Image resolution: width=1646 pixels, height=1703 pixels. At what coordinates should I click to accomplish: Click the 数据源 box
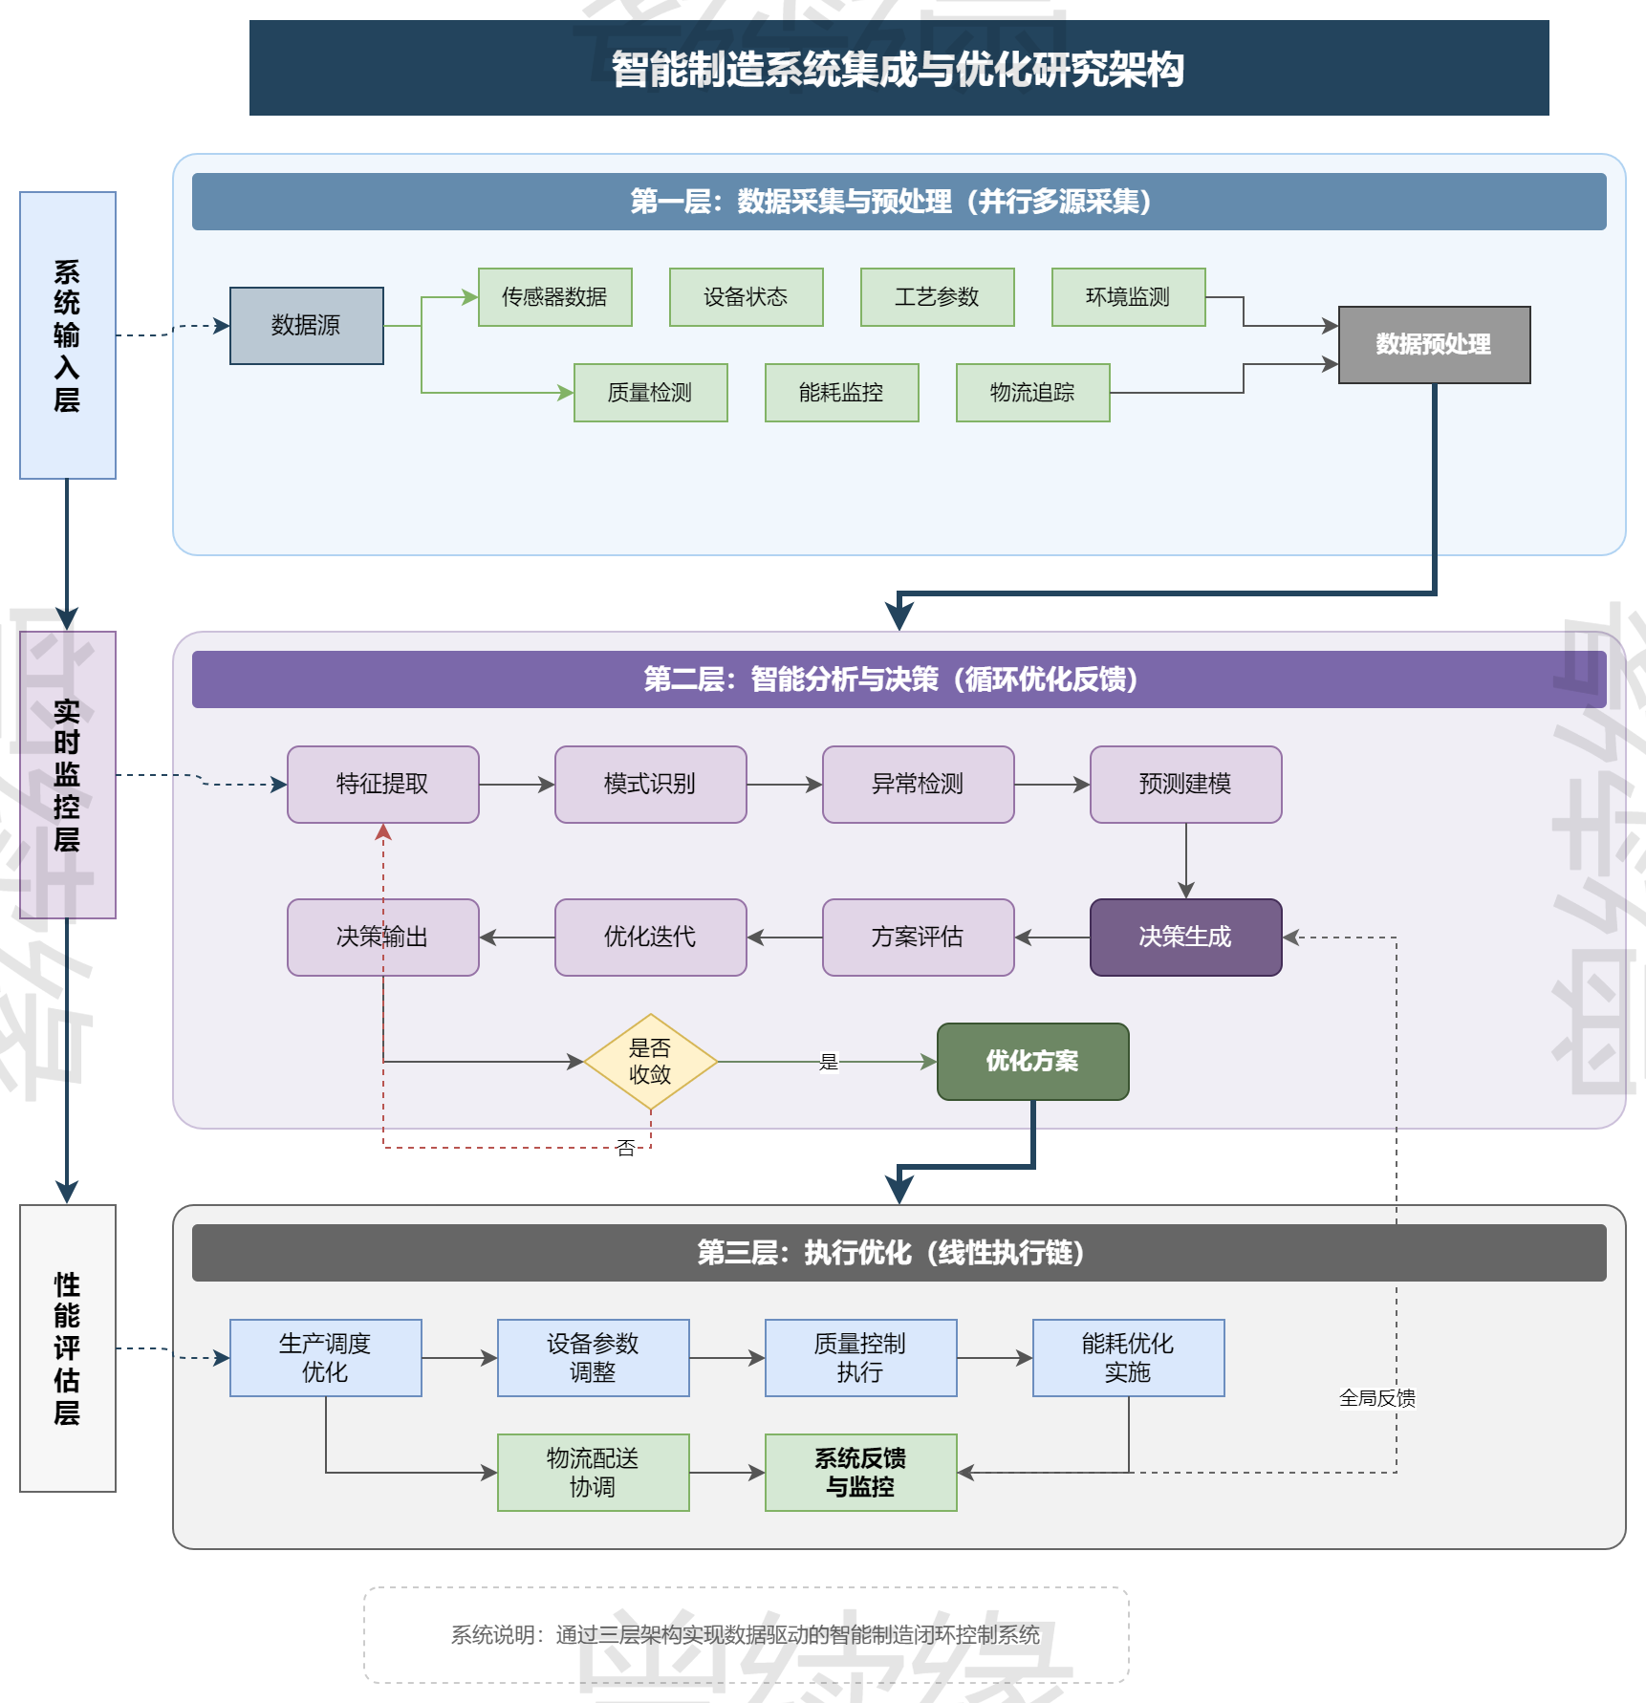click(306, 325)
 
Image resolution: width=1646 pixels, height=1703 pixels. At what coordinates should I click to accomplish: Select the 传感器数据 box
click(554, 296)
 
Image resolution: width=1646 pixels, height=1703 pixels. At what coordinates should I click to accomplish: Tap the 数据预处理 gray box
click(1434, 344)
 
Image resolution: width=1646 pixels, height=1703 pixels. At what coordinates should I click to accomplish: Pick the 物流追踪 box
click(1032, 392)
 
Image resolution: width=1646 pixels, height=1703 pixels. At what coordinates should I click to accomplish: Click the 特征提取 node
click(382, 784)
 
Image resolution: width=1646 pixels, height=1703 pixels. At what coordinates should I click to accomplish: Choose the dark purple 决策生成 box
click(1185, 937)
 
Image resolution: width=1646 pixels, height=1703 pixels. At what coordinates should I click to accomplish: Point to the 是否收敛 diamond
click(650, 1061)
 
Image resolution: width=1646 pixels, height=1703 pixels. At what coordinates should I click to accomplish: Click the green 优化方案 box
click(1032, 1061)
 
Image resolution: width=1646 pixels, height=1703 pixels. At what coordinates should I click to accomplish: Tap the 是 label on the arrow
click(829, 1062)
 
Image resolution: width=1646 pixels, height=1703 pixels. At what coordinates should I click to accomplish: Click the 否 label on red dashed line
click(626, 1148)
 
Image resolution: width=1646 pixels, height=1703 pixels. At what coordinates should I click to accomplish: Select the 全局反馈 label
click(1376, 1398)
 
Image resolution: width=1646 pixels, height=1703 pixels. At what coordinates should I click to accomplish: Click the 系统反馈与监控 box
click(860, 1472)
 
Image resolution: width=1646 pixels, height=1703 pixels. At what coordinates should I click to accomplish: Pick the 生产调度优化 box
click(325, 1357)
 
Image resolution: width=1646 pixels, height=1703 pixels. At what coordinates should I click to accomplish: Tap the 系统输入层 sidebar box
click(67, 334)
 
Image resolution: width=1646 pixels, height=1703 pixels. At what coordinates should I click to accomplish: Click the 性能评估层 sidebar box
click(67, 1347)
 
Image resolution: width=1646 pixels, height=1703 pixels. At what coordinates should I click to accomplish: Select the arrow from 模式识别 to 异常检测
click(784, 785)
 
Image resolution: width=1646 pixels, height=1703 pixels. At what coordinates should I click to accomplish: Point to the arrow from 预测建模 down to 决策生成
click(1186, 860)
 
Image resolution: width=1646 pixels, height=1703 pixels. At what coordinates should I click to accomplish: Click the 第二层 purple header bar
click(899, 679)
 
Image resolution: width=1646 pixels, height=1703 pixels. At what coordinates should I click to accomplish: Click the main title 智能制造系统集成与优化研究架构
click(899, 69)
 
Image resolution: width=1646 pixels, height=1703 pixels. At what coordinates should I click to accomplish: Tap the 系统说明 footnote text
click(746, 1634)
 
